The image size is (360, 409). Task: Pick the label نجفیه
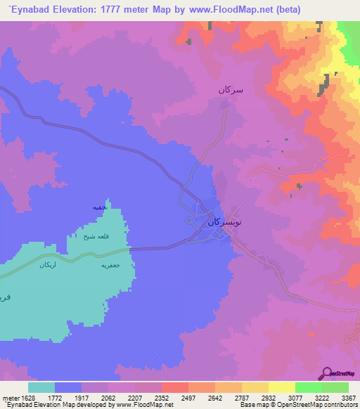[x=99, y=208]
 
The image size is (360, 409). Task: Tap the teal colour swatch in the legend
[x=41, y=387]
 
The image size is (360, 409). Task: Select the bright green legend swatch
[x=309, y=387]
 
